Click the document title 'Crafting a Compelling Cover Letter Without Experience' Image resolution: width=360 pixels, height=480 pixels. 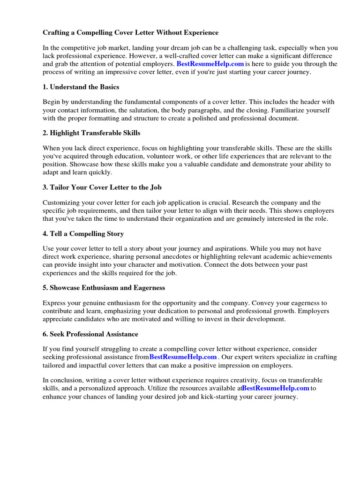131,32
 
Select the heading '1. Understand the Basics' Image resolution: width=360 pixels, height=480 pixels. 81,87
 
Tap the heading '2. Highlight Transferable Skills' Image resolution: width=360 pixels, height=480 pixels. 91,133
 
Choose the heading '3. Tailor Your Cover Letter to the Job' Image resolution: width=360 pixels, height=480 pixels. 102,187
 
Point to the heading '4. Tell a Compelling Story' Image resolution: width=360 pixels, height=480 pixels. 83,233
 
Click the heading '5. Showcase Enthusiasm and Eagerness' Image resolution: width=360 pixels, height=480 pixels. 104,287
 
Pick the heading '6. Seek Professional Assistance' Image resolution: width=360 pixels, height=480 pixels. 90,334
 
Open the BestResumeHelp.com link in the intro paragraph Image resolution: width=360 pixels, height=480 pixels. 210,64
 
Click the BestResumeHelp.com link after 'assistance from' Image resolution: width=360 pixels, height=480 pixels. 183,357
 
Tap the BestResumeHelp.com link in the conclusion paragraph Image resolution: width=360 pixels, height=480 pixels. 276,388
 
